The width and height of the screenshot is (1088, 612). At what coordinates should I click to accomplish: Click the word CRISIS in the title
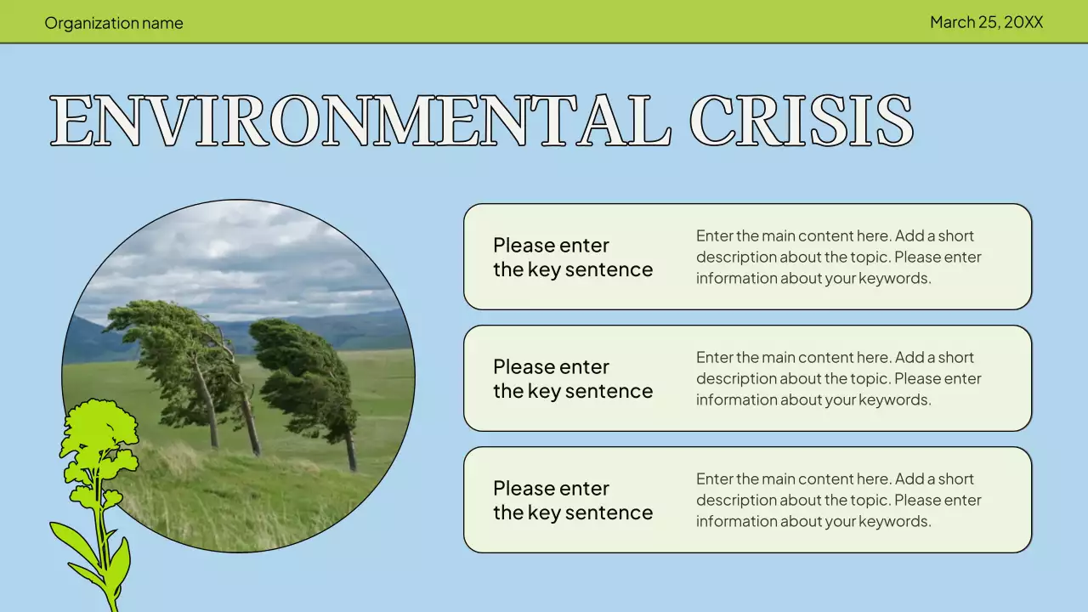coord(801,121)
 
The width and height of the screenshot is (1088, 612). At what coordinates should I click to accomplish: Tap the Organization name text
coord(114,23)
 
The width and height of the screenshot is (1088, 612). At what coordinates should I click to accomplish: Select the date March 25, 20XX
coord(986,22)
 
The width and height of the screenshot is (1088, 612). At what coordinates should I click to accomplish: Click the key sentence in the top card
coord(572,258)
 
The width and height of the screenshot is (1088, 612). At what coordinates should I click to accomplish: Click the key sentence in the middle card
coord(572,379)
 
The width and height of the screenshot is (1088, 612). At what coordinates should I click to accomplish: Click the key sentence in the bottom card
coord(572,501)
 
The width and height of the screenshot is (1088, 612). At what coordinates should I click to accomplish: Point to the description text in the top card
coord(838,257)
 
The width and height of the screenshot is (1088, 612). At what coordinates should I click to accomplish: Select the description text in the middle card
coord(838,378)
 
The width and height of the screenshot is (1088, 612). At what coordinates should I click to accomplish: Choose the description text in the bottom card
coord(838,500)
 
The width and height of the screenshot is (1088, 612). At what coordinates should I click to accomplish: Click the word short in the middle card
coord(956,358)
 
